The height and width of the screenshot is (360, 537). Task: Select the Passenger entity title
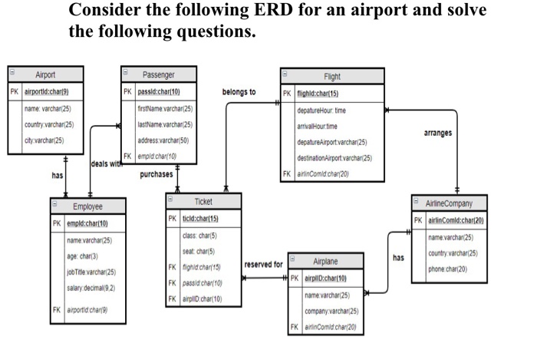159,74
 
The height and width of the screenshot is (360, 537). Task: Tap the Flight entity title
332,77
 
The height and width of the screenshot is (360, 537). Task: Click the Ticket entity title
203,200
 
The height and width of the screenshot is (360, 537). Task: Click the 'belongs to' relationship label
240,93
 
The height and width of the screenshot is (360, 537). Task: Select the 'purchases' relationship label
153,174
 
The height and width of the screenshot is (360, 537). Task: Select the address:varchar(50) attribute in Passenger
163,140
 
